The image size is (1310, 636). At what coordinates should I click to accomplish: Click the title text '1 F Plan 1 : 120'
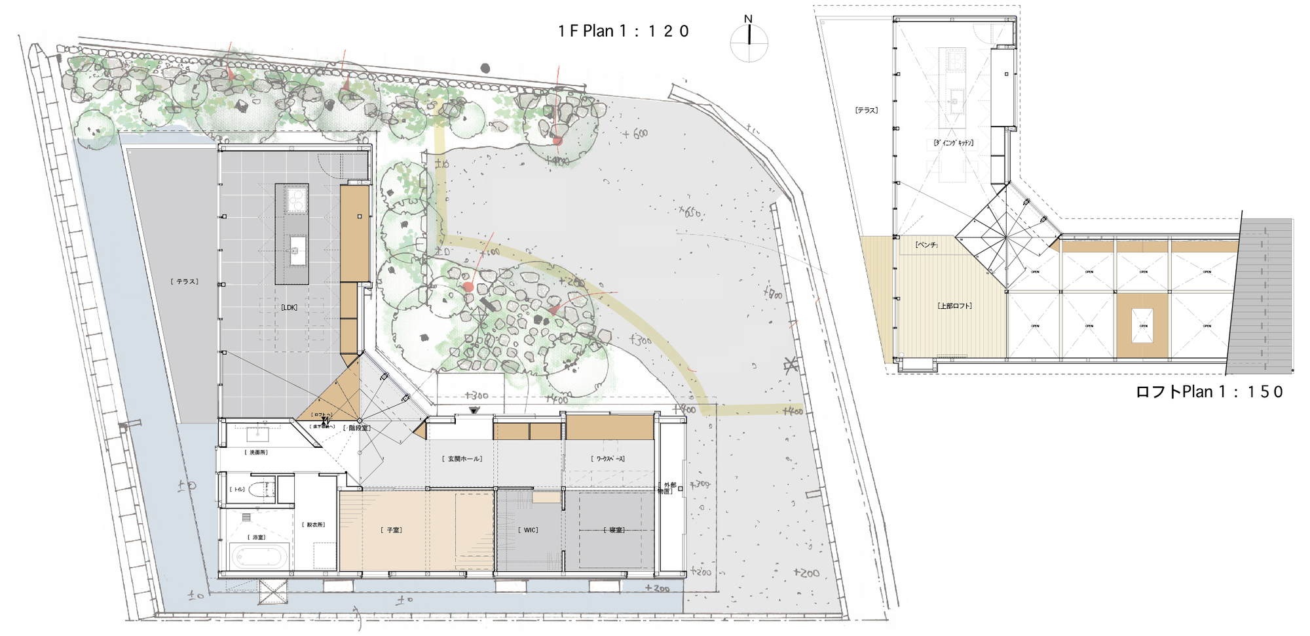point(623,31)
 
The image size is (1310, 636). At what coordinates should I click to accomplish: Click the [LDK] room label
point(289,308)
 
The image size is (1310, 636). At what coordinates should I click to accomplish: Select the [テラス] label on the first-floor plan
point(185,281)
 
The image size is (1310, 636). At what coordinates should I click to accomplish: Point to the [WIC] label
point(530,530)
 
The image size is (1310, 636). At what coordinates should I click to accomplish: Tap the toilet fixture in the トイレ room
point(261,489)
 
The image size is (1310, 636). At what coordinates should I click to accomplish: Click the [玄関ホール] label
point(462,459)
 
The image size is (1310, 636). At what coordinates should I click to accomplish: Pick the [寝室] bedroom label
point(614,530)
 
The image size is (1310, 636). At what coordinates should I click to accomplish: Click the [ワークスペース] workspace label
point(608,459)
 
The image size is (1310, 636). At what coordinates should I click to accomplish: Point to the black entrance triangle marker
point(474,410)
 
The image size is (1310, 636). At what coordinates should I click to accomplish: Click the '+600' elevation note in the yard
point(635,134)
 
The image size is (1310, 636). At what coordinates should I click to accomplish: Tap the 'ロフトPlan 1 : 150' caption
point(1209,392)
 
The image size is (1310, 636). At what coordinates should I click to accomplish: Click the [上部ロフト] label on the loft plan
point(954,306)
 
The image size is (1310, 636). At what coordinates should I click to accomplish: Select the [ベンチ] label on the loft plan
point(926,245)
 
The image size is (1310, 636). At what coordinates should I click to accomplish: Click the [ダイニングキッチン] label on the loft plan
point(954,142)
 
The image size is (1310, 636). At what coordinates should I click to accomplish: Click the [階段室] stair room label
point(357,428)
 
